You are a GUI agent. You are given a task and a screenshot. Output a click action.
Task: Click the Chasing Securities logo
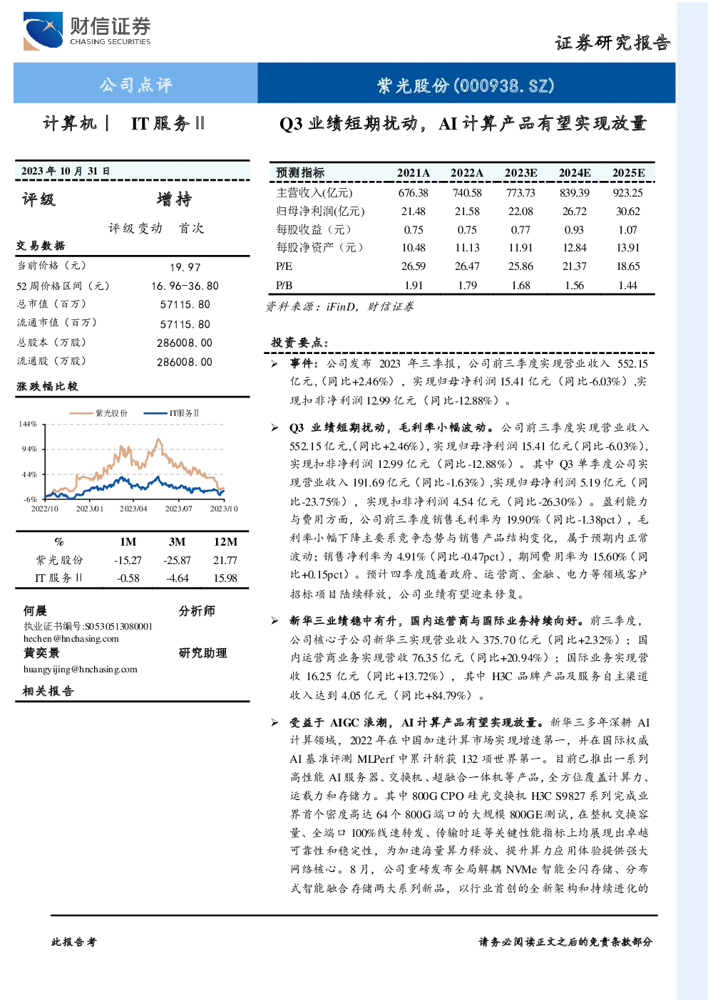point(87,31)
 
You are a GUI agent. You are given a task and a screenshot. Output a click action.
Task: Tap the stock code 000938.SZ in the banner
point(504,85)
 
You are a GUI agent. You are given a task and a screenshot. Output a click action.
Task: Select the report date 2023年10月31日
point(66,171)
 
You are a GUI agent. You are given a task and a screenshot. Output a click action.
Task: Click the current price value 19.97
point(185,267)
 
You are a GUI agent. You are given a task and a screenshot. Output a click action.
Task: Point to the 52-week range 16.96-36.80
point(185,286)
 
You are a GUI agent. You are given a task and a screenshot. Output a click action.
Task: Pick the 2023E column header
point(520,173)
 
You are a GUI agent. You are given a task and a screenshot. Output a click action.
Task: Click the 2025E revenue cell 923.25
point(627,193)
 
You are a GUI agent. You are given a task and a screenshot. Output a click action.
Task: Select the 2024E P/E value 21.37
point(575,266)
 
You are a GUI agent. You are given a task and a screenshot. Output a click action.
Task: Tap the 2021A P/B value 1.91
point(414,285)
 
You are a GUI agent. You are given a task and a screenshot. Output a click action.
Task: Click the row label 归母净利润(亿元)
point(320,211)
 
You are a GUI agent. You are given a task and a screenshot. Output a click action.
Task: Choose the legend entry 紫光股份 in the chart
point(98,413)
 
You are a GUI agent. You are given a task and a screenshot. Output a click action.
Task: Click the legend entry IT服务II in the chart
point(171,413)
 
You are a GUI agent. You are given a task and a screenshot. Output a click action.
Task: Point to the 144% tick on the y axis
point(28,424)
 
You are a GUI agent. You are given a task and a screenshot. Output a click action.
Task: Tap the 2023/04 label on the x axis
point(133,509)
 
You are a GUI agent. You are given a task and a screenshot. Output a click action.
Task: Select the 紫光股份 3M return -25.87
point(177,560)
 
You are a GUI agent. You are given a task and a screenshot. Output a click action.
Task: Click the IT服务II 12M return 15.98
point(225,578)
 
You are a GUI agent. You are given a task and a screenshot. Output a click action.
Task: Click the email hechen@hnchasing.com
point(71,639)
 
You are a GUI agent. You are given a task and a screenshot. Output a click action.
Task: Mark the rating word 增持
point(174,199)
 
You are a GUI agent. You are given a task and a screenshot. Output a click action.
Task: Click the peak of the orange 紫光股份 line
point(158,439)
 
